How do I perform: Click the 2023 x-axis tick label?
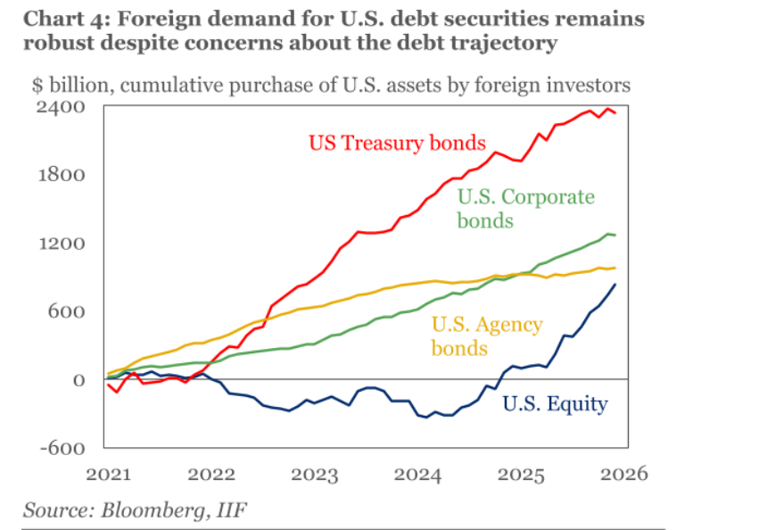click(x=315, y=473)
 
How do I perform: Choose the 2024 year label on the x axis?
click(x=418, y=473)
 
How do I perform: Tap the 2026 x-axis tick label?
click(x=623, y=473)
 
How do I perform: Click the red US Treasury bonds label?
click(x=397, y=143)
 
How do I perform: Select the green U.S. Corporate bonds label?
click(x=525, y=208)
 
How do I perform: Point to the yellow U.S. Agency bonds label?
click(x=486, y=335)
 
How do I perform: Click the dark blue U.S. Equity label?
click(x=555, y=404)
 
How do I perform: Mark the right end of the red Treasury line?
click(x=615, y=112)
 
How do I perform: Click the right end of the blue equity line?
click(x=615, y=285)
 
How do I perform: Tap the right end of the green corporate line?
click(x=615, y=236)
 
